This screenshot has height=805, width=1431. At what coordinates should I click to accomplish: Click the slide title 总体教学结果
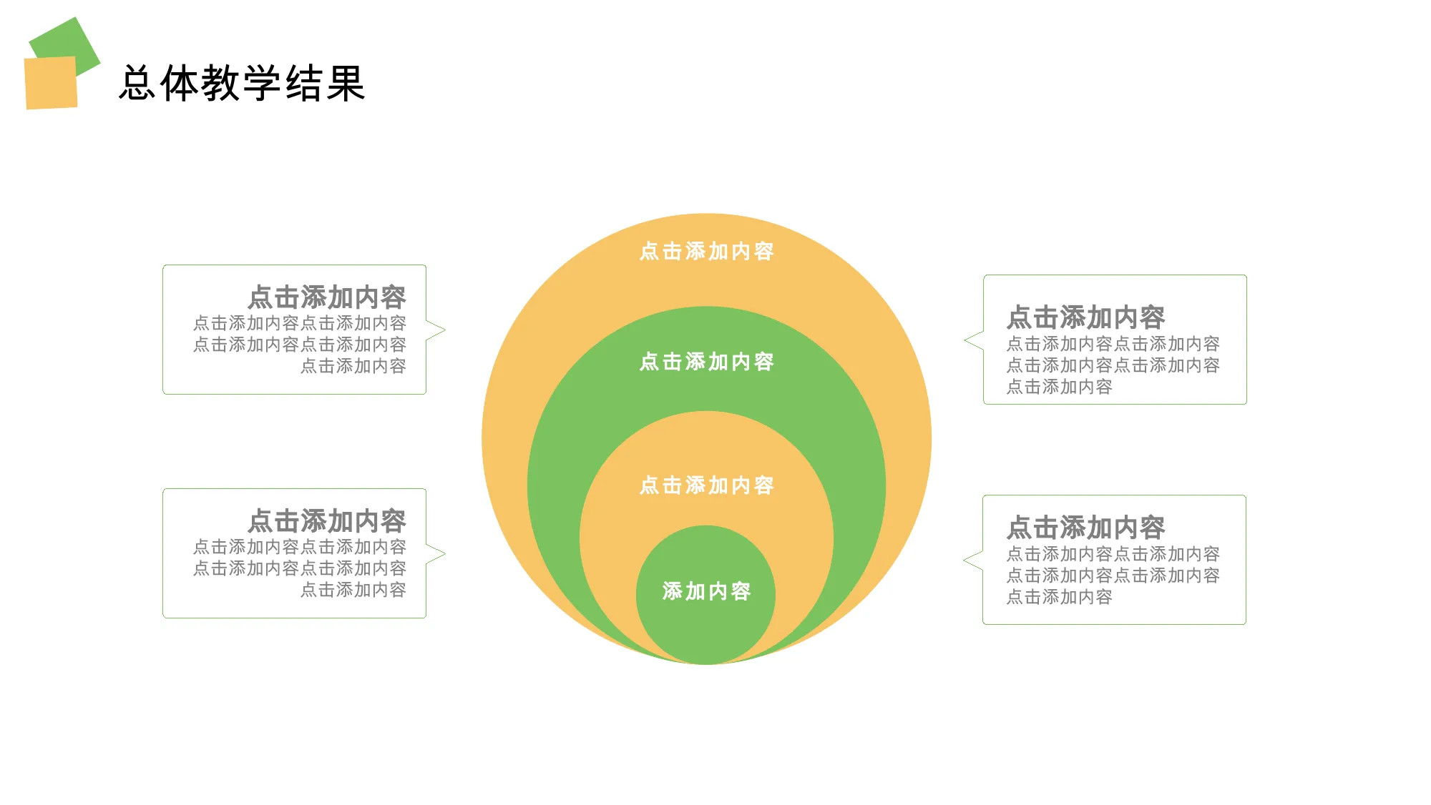coord(243,84)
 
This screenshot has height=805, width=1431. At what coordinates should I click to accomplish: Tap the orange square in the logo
coord(51,83)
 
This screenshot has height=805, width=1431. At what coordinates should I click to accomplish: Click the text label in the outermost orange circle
coord(707,252)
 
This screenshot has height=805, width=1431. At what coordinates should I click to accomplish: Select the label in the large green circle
coord(707,362)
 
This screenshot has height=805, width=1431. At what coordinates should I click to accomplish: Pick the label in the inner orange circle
coord(707,485)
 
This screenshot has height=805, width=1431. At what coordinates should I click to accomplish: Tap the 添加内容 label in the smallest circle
coord(707,591)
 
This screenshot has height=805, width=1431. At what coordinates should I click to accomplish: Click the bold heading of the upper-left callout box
coord(327,297)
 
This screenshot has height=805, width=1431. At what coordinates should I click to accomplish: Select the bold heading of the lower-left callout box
coord(327,521)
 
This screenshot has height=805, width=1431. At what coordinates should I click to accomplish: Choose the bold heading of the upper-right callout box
coord(1086,317)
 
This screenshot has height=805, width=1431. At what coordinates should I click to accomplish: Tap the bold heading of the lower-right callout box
coord(1086,528)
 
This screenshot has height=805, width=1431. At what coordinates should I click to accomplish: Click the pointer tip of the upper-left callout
coord(445,330)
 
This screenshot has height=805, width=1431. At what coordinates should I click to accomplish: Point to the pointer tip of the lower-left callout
coord(445,553)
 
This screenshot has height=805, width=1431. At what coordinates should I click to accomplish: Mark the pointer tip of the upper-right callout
coord(965,340)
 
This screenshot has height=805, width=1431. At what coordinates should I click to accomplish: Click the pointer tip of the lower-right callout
coord(964,560)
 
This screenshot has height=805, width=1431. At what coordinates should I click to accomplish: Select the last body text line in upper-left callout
coord(353,366)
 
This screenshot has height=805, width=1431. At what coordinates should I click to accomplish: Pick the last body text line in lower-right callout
coord(1060,597)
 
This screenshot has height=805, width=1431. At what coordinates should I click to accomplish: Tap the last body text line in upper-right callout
coord(1060,387)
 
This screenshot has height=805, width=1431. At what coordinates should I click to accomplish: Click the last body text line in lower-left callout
coord(353,590)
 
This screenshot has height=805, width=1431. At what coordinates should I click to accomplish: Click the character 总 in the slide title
coord(138,84)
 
